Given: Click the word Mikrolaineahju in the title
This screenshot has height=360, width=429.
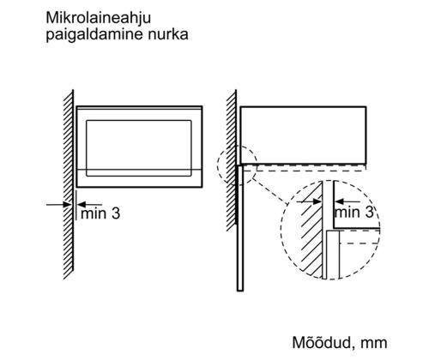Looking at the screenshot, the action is tap(98, 19).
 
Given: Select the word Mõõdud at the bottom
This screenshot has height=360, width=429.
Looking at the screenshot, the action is tap(322, 342).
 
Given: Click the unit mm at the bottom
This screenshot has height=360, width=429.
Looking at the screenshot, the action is tap(374, 344).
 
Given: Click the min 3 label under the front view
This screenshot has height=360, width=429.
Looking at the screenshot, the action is tap(100, 213).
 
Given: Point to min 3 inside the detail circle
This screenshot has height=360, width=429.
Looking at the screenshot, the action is tap(354, 213).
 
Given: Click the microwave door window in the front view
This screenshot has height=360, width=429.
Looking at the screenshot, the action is tap(139, 148).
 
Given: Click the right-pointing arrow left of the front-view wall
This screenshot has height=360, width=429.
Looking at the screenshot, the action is tap(58, 205).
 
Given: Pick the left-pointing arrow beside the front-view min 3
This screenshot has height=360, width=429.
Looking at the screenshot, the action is tap(89, 205).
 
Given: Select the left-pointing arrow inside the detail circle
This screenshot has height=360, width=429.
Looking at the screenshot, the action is tap(347, 201).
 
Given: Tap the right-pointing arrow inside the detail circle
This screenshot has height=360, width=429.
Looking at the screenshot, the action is tap(309, 201).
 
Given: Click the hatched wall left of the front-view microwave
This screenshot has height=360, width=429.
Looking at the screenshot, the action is tap(69, 184).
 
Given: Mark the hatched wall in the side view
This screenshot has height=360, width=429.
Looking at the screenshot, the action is tap(232, 160).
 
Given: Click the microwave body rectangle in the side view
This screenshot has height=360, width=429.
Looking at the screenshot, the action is tap(303, 135).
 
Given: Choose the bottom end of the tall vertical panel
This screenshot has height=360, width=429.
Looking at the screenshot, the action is tap(240, 291).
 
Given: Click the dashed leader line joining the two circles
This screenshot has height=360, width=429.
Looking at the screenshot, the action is tap(269, 191).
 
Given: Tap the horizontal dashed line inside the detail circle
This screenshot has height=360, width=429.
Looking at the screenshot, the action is tap(360, 243).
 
